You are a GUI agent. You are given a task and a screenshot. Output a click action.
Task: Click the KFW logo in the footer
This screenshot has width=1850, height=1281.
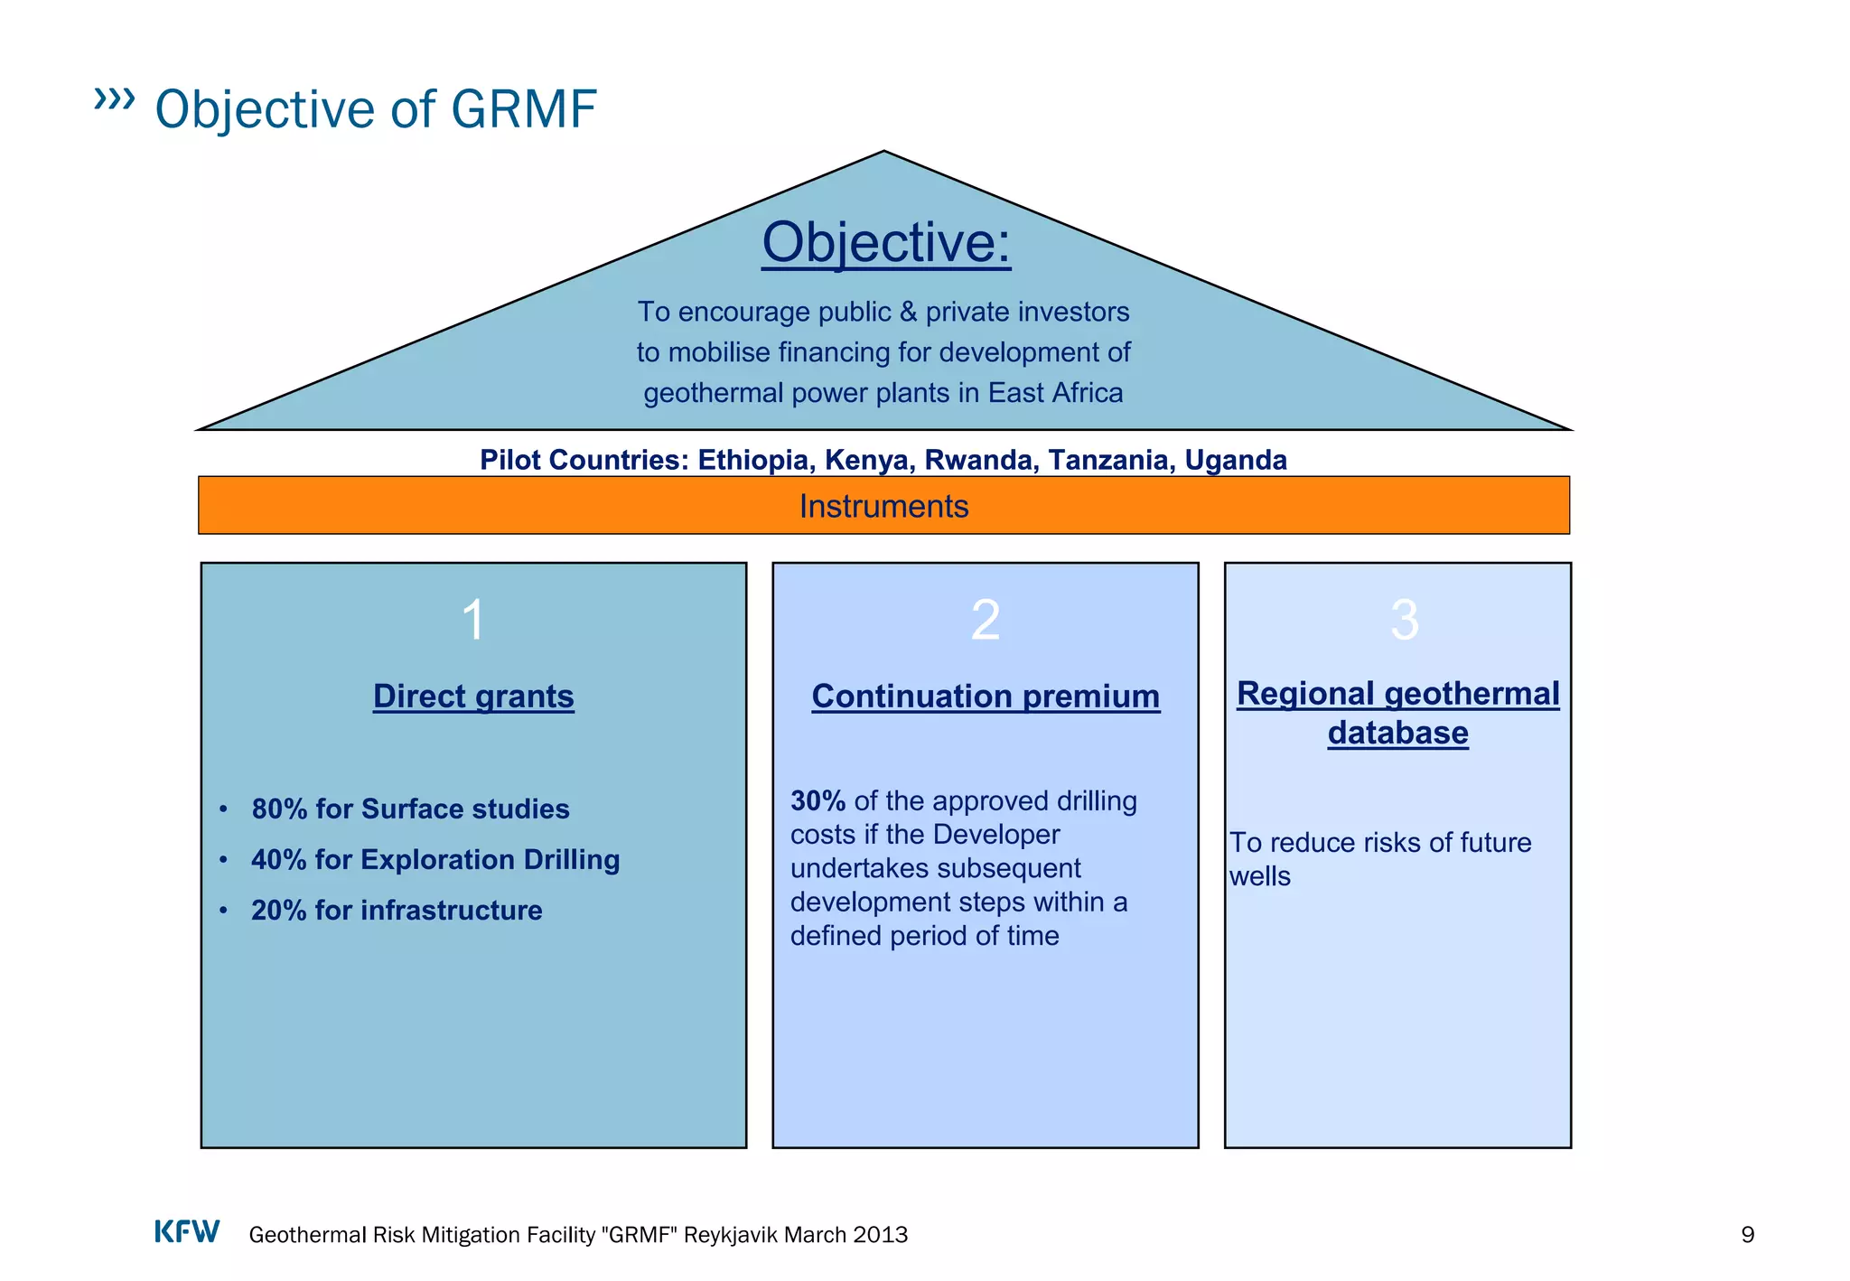pos(187,1232)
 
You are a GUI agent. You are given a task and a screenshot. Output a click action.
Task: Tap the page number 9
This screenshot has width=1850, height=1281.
pos(1747,1235)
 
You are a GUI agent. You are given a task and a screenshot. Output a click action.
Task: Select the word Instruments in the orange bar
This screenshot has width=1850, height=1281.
pos(883,507)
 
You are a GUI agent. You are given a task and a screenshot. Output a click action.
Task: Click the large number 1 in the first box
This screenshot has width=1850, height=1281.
pos(473,621)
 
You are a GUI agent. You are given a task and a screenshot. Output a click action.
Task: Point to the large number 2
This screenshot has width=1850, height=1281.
pos(985,621)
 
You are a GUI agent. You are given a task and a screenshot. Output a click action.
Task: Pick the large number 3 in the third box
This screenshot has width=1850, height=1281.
pos(1404,621)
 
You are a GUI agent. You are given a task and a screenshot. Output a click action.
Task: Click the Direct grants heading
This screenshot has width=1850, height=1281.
pos(473,697)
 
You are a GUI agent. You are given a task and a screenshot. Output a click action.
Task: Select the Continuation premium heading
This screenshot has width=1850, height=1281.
pos(986,697)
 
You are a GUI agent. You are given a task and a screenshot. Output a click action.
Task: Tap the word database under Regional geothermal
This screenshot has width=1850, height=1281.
pos(1397,733)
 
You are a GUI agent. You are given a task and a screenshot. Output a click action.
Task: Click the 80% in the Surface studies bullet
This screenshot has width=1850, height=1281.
pos(279,809)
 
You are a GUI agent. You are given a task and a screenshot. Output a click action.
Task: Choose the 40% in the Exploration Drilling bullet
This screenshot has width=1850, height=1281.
pos(278,859)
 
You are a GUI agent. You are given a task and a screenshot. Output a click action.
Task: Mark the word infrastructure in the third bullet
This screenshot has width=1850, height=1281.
pos(452,910)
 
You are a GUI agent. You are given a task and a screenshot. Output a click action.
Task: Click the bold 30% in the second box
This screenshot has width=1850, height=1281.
pos(818,801)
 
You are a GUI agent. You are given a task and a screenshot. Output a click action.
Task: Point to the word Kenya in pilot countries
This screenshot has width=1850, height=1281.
pos(866,460)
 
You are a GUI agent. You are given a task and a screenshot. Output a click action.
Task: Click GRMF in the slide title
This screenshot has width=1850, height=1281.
pos(523,109)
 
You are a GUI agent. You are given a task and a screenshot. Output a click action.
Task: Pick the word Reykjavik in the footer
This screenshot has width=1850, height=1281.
pos(731,1235)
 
